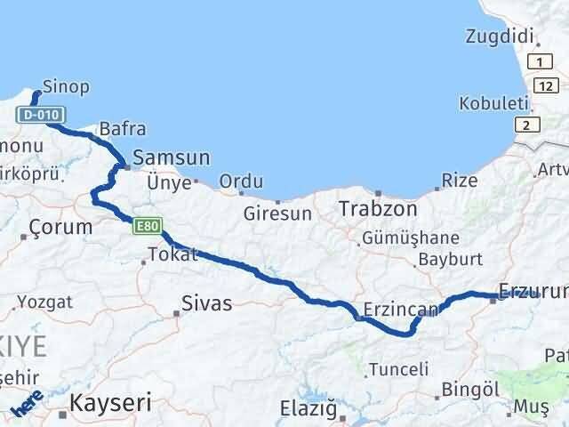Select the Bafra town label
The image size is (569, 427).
pos(123,128)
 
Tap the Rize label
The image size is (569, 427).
pos(459,181)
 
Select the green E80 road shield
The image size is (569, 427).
pos(148,227)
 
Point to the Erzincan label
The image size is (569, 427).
pos(402,310)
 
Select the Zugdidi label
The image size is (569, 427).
pos(500,36)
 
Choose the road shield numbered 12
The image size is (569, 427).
pos(545,84)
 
